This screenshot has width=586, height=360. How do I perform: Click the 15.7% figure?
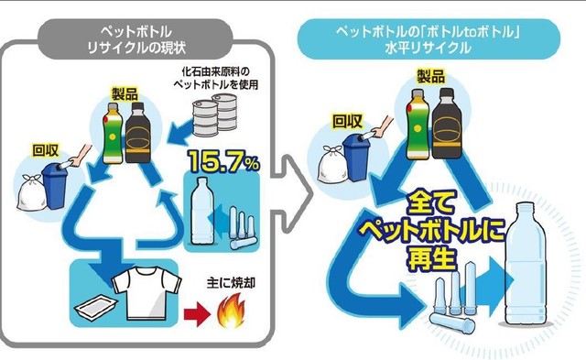tap(224, 162)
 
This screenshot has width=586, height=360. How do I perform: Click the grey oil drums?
tap(215, 118)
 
